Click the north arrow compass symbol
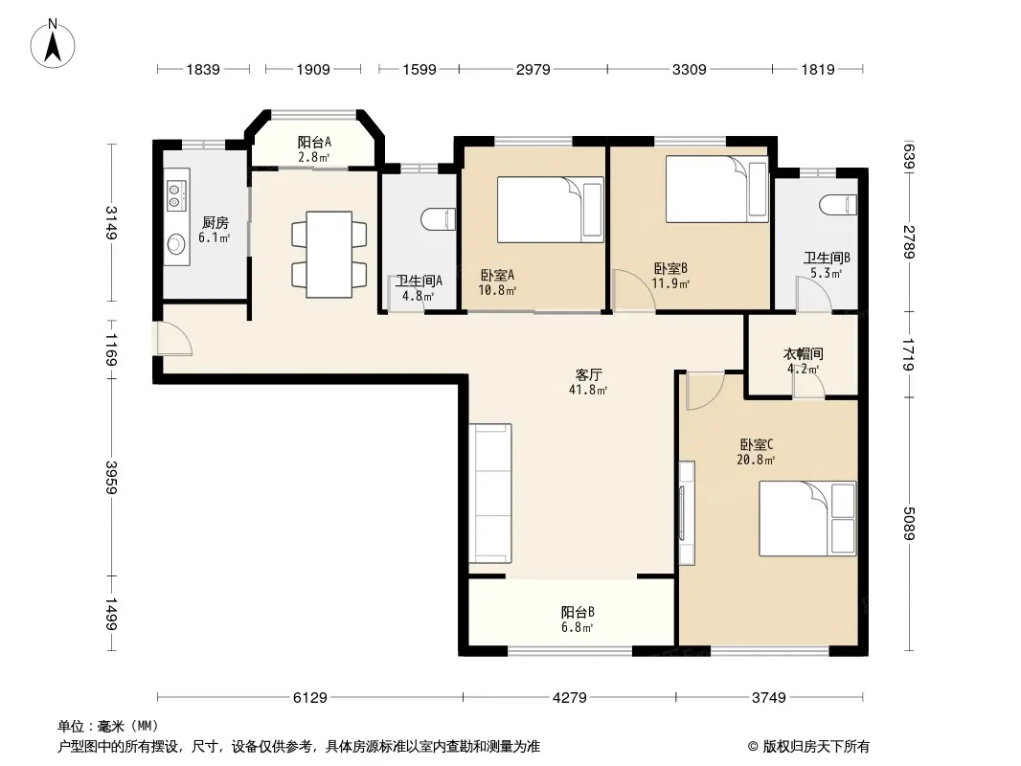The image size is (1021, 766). coord(53,44)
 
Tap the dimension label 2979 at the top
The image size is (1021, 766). coord(533,69)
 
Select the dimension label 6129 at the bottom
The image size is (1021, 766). coord(310,698)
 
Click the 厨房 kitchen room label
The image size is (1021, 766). coord(215,222)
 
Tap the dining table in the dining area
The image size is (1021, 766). coord(329,255)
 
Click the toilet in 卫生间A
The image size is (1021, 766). coord(439,218)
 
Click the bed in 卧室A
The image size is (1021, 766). coord(550,210)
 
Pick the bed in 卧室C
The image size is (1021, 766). coord(807,518)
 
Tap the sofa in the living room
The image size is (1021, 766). coord(490,493)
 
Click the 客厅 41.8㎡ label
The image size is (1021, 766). coord(588,382)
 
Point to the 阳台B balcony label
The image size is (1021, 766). coord(578,613)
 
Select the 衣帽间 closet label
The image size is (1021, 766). coord(803,353)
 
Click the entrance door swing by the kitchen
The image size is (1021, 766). coord(172,338)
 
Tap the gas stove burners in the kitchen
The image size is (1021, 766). coord(174,195)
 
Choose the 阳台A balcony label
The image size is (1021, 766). coord(314,142)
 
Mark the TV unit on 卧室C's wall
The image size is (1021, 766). coord(687,512)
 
